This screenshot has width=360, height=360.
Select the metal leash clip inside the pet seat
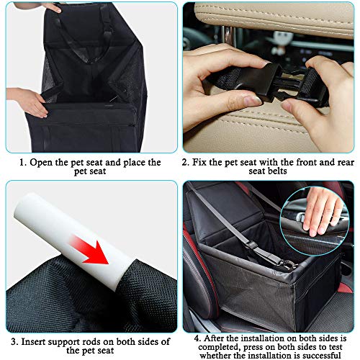[287, 265]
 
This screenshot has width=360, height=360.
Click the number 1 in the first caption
[22, 163]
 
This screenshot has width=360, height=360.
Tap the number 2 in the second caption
[186, 163]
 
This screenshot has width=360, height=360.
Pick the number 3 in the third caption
[14, 342]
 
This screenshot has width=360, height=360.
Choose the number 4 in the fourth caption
[197, 338]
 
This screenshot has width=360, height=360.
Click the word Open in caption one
[41, 163]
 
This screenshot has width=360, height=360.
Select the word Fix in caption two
[199, 162]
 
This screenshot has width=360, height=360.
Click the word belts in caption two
[278, 171]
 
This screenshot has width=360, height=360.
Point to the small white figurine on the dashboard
[283, 40]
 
